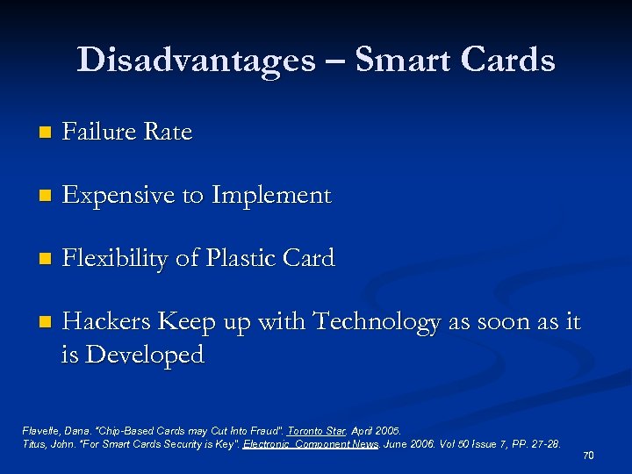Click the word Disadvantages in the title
[196, 61]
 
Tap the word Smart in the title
[401, 61]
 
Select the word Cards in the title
[509, 61]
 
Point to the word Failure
[99, 132]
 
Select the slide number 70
[588, 456]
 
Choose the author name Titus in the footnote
[33, 444]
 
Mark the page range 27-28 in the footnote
[542, 444]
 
